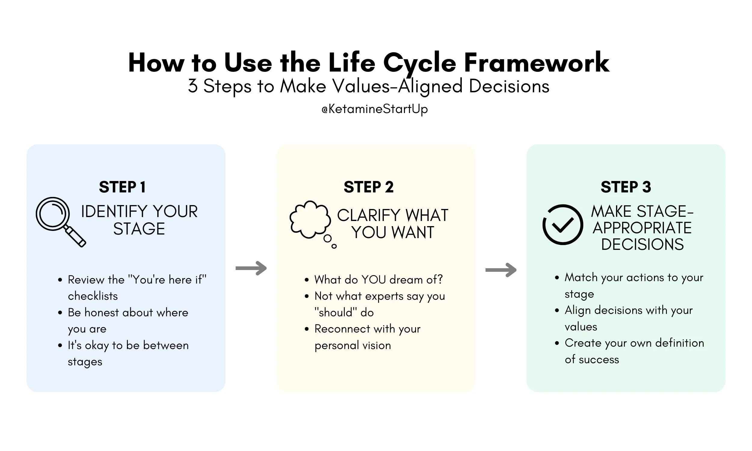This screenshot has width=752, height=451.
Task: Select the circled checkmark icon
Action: pos(562,225)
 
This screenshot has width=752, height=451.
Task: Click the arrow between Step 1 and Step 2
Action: pos(251,268)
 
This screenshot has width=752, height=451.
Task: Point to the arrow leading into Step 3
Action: pos(501,270)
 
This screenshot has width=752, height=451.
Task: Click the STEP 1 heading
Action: pos(122,187)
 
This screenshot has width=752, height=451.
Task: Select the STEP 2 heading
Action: pos(368,187)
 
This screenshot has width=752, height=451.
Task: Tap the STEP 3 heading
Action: pos(626,187)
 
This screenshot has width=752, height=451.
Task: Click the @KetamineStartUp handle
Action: pos(374,109)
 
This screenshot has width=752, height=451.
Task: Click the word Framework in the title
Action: pos(537,63)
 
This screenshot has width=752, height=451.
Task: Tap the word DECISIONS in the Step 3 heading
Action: pos(642,244)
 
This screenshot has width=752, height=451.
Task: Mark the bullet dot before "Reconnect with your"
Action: pos(307,329)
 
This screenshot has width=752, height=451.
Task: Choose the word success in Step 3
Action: pos(599,360)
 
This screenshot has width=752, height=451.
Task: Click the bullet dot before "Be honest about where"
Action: pos(60,312)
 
